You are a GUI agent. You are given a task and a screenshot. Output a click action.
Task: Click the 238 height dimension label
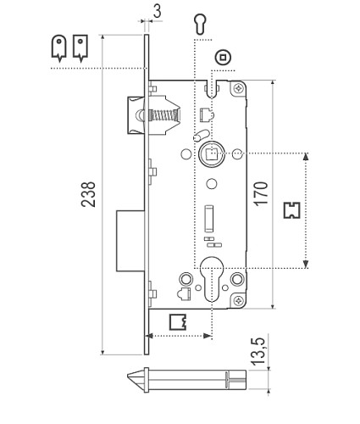point(88,194)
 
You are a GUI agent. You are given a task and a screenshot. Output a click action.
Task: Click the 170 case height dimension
point(261,193)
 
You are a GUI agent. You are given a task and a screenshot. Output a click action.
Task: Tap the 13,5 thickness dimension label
point(258,351)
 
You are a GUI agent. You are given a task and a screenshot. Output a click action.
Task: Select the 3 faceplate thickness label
point(158,12)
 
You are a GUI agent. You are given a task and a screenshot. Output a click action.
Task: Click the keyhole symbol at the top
point(200,24)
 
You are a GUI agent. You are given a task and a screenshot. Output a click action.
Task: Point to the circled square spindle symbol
point(223,58)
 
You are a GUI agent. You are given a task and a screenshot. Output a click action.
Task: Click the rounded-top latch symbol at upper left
point(58,48)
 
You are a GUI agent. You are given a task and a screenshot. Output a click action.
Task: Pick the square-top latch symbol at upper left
point(80,48)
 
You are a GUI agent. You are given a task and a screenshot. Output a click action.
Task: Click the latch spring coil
point(164,115)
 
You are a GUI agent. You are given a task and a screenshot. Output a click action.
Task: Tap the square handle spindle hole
point(212,154)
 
